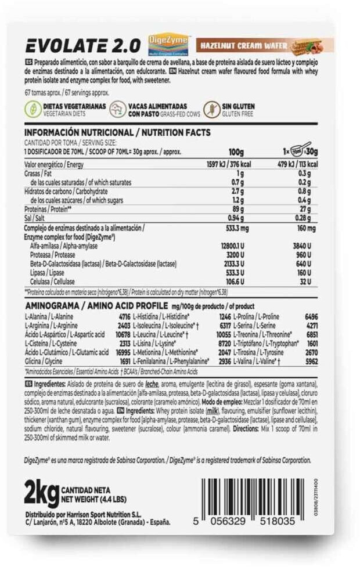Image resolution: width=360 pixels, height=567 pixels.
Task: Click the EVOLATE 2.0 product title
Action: point(84,45)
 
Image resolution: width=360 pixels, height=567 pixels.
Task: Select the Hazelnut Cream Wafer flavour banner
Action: point(264,45)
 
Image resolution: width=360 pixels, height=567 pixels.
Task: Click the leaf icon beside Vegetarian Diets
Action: point(32,110)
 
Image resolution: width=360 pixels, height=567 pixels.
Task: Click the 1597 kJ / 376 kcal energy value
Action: point(226,165)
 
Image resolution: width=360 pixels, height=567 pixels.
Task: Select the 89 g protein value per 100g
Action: point(236,208)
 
